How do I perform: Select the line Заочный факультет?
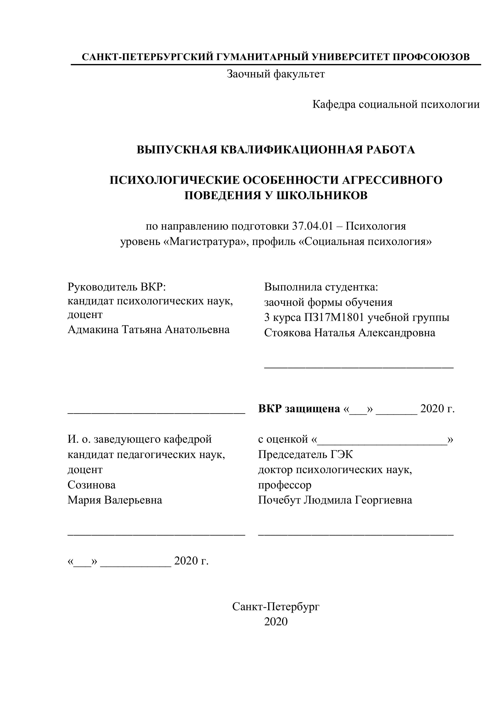pyautogui.click(x=276, y=74)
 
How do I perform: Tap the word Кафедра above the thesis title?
pyautogui.click(x=334, y=104)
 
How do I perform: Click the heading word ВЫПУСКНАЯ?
pyautogui.click(x=177, y=150)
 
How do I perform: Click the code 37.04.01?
pyautogui.click(x=312, y=226)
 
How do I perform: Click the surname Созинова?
pyautogui.click(x=92, y=485)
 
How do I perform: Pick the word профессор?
pyautogui.click(x=285, y=485)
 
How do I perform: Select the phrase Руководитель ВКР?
pyautogui.click(x=117, y=287)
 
